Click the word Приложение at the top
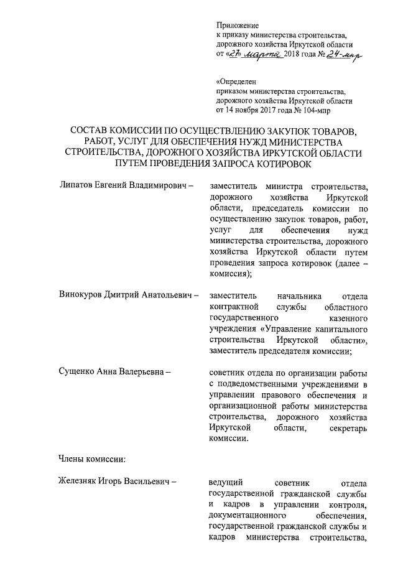236,25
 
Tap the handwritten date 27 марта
254,55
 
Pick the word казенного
350,317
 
